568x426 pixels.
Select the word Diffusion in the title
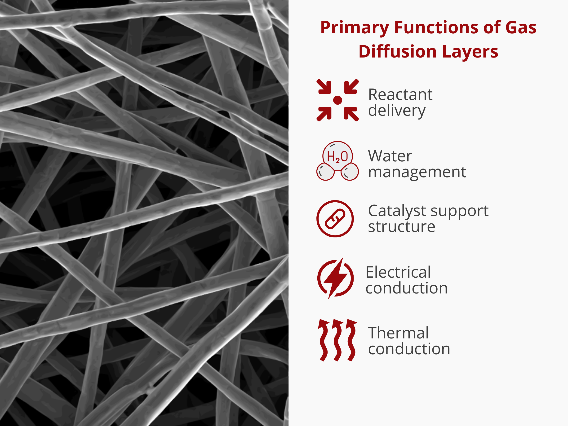pyautogui.click(x=398, y=51)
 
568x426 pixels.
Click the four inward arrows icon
pyautogui.click(x=337, y=100)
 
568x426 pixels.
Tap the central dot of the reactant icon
pyautogui.click(x=337, y=100)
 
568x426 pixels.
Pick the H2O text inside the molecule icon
pyautogui.click(x=337, y=157)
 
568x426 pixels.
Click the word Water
pyautogui.click(x=390, y=156)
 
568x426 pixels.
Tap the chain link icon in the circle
pyautogui.click(x=335, y=219)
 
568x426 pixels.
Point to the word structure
pyautogui.click(x=402, y=227)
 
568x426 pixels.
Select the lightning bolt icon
pyautogui.click(x=335, y=278)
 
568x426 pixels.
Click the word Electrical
pyautogui.click(x=398, y=272)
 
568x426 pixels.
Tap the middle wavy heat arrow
pyautogui.click(x=337, y=340)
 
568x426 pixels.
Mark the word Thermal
pyautogui.click(x=398, y=333)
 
